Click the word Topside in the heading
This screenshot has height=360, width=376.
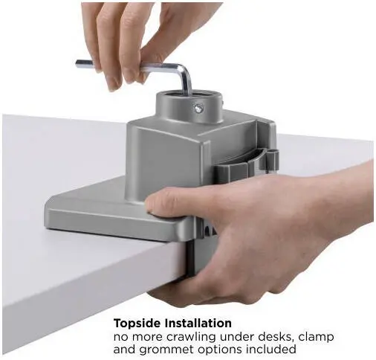[137, 324]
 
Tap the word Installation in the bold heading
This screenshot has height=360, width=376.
[198, 323]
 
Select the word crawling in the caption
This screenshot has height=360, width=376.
[190, 338]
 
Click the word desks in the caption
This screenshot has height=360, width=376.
[276, 337]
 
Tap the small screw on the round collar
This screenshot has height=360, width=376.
[198, 108]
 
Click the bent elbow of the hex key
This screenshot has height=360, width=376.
[184, 71]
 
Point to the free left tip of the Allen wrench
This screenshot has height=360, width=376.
[77, 63]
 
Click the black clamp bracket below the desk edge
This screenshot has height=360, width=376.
[192, 258]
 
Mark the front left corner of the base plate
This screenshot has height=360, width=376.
[46, 227]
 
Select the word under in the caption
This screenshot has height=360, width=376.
[236, 338]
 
